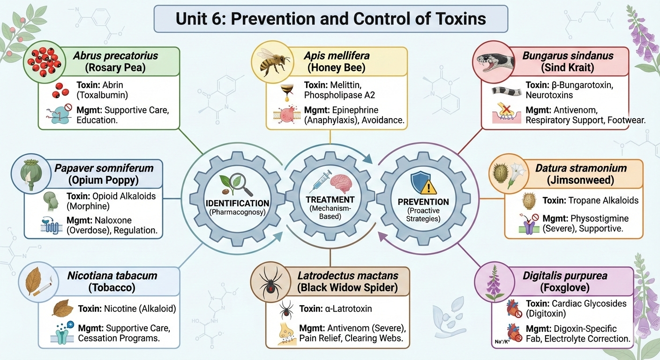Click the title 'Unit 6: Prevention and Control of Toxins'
click(x=330, y=19)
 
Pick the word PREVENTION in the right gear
click(x=423, y=202)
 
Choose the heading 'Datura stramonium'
click(x=581, y=168)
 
